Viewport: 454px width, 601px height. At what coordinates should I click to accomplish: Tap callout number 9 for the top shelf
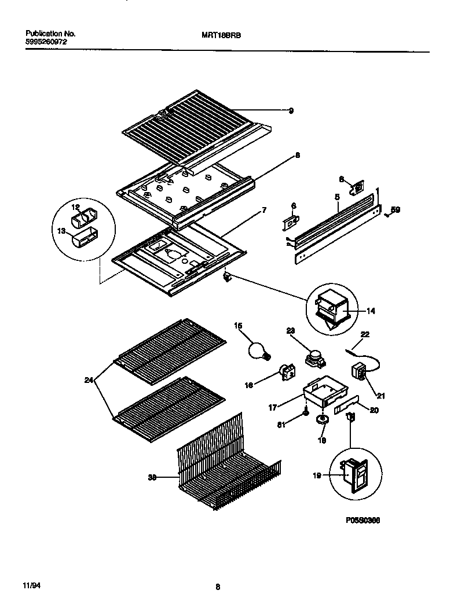point(291,110)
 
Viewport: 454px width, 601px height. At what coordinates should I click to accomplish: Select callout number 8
point(297,155)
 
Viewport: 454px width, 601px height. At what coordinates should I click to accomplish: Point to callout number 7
point(264,211)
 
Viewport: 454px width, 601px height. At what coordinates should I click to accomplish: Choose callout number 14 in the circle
point(371,311)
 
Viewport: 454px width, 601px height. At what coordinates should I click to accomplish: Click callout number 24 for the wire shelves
point(88,380)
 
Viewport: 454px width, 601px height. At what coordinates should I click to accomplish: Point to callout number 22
point(365,334)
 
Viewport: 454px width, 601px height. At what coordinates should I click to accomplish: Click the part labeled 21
point(359,371)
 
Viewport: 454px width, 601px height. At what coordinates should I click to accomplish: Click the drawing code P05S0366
point(363,520)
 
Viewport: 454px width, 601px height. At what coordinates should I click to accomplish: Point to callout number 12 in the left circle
point(75,207)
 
